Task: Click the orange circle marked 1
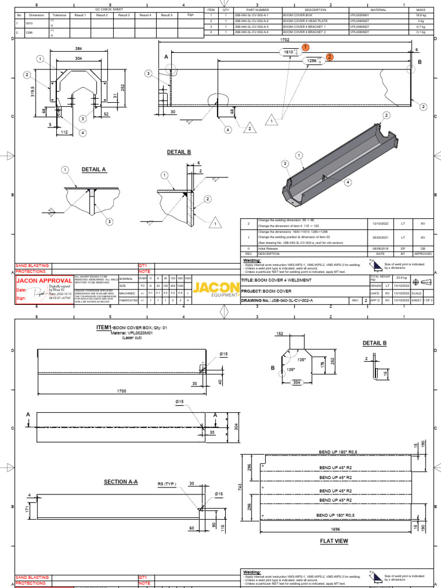pyautogui.click(x=305, y=47)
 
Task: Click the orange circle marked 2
pyautogui.click(x=330, y=57)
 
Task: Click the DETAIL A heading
pyautogui.click(x=94, y=170)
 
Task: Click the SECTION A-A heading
pyautogui.click(x=121, y=481)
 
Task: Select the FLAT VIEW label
pyautogui.click(x=334, y=541)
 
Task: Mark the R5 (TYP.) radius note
pyautogui.click(x=168, y=484)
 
